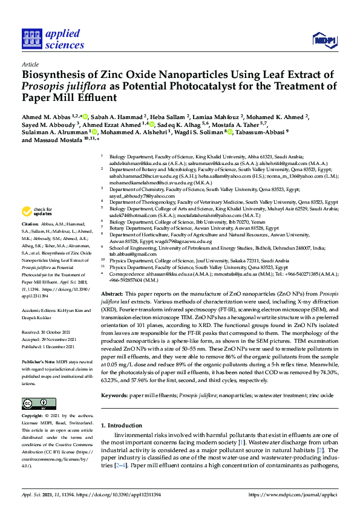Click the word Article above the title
tap(30, 63)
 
